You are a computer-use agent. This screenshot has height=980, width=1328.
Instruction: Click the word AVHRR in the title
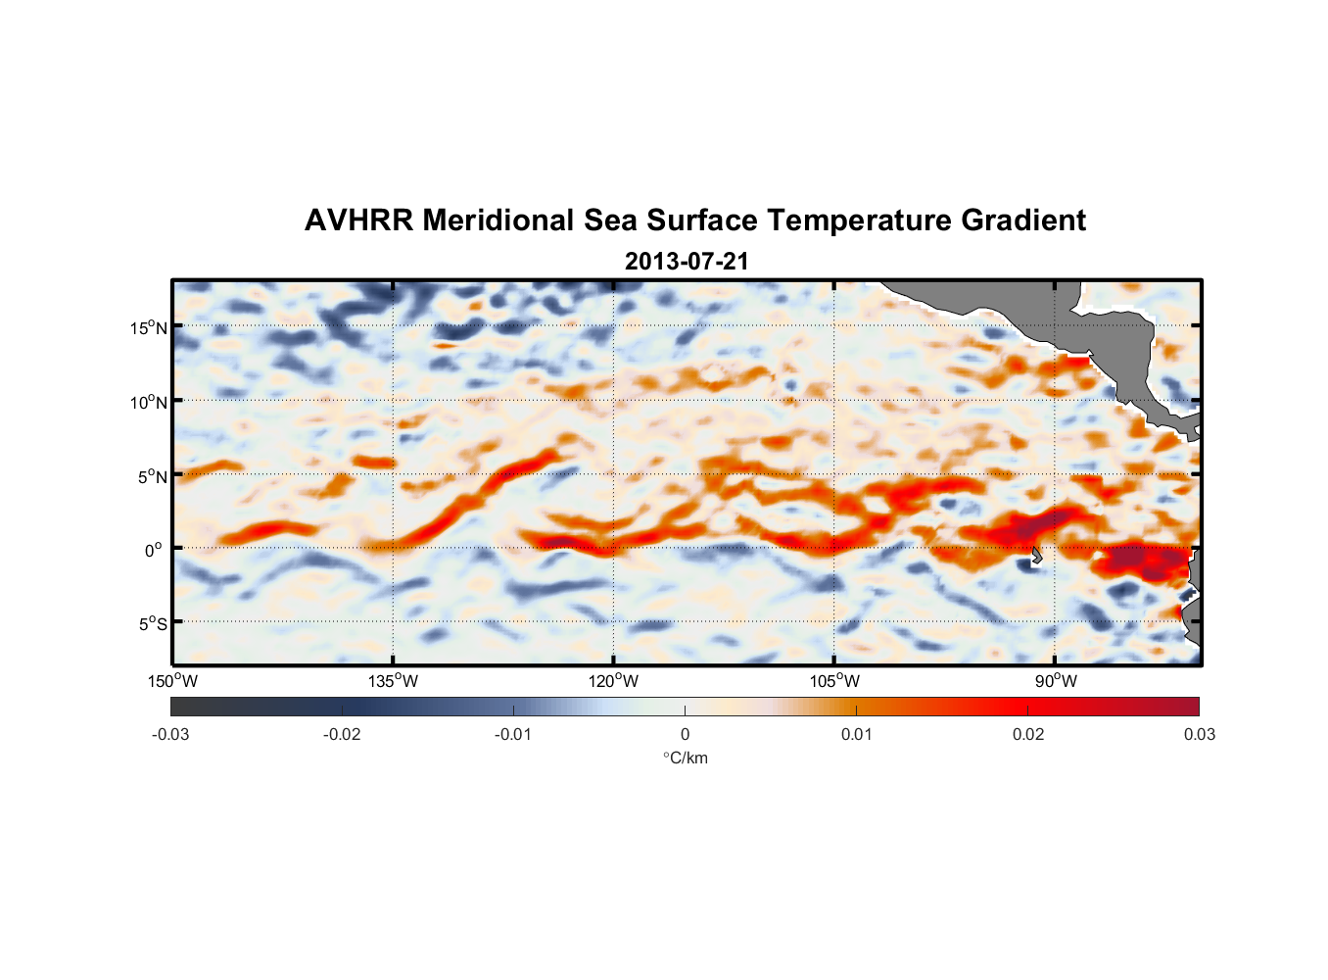[x=358, y=220]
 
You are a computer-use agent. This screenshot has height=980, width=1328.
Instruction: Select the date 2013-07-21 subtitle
[x=687, y=262]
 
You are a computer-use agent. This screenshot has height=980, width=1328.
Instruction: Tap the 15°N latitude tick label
[x=149, y=327]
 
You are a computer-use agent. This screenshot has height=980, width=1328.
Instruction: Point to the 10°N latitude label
[x=149, y=402]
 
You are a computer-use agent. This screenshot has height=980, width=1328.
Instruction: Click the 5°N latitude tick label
[x=153, y=476]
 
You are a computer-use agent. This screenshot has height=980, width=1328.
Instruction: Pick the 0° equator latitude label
[x=154, y=550]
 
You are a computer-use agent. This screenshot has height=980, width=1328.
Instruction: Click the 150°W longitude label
[x=172, y=681]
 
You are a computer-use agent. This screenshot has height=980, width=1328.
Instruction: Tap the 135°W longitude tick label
[x=393, y=681]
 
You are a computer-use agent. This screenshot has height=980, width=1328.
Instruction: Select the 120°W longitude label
[x=614, y=681]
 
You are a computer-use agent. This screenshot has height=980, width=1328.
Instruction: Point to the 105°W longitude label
[x=834, y=681]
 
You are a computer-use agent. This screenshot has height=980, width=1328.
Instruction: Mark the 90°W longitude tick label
[x=1056, y=681]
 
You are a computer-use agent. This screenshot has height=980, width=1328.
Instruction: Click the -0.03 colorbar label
[x=170, y=735]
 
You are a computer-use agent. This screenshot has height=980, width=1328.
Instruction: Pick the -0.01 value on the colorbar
[x=513, y=735]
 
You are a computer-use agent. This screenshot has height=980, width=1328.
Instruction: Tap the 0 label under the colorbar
[x=685, y=735]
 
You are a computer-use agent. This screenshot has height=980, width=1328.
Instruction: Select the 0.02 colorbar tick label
[x=1028, y=735]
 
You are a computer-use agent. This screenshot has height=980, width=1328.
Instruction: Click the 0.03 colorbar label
[x=1199, y=735]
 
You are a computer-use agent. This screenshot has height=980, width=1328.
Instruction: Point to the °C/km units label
[x=685, y=758]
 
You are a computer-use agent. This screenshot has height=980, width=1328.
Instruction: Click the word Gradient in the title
[x=1023, y=220]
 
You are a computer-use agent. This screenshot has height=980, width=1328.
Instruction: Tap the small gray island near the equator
[x=1036, y=555]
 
